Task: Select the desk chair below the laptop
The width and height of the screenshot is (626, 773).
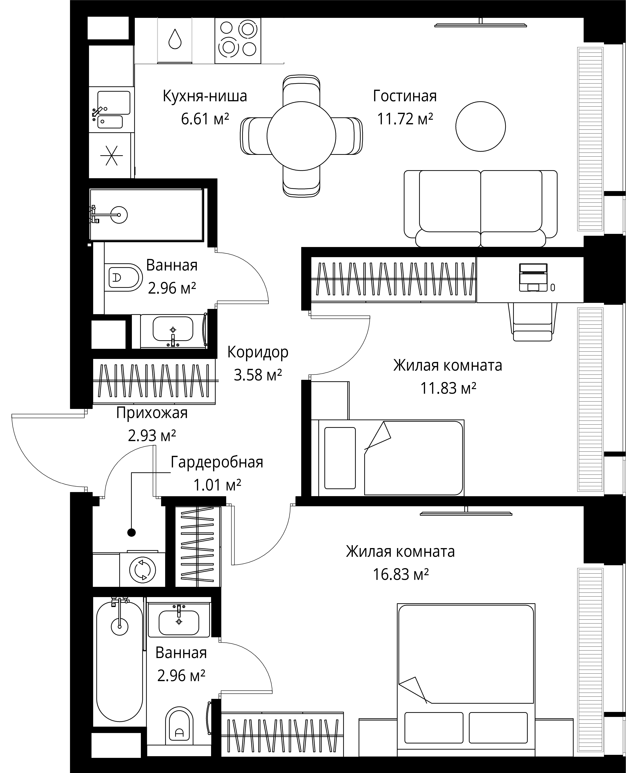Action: (x=533, y=321)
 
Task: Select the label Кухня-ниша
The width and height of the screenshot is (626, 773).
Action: (x=205, y=96)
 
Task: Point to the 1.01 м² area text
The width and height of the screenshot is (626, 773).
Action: (x=217, y=485)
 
